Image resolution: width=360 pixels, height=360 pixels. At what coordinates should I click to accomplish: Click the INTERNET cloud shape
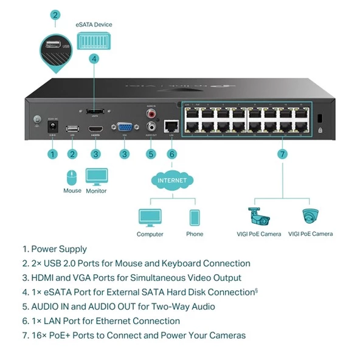pos(172,181)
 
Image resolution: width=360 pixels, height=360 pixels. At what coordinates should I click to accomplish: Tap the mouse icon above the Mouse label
pos(72,177)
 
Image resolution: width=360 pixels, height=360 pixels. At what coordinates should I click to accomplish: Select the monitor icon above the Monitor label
pos(96,177)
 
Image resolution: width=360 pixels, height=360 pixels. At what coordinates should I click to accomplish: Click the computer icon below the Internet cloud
pos(150,218)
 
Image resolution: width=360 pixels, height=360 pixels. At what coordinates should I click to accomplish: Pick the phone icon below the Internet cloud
pos(195,218)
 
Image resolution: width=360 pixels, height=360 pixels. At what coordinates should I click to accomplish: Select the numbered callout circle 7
pos(282,154)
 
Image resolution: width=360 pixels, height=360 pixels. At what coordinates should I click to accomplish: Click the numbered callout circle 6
pos(172,154)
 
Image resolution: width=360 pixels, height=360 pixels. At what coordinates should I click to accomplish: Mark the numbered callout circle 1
pos(53,154)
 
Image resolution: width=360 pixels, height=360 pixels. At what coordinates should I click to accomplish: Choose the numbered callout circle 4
pos(94,59)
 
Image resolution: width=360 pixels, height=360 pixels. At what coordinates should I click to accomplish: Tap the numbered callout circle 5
pos(151,154)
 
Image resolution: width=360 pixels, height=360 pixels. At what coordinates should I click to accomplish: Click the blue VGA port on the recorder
pos(123,128)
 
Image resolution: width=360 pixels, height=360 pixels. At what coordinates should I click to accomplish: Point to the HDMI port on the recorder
pos(95,130)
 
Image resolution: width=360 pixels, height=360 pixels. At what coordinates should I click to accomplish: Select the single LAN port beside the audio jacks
pos(172,127)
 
